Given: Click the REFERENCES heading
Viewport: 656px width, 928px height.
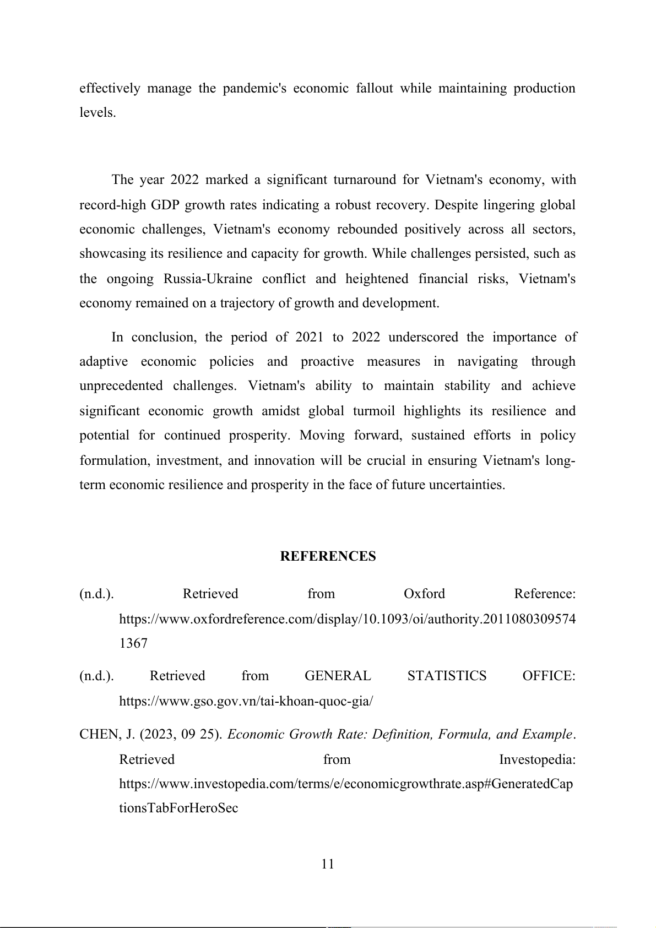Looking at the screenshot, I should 328,556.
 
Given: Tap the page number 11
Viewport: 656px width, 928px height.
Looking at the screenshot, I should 328,864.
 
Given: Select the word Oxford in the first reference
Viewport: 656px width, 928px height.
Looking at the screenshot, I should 424,594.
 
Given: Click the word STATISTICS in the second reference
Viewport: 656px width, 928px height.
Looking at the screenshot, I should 447,676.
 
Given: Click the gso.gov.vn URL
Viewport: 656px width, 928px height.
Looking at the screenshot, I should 246,701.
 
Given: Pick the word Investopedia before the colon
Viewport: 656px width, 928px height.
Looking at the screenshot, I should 536,759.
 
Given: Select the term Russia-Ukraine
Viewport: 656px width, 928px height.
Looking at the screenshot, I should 208,279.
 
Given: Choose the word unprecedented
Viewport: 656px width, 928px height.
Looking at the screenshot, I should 121,386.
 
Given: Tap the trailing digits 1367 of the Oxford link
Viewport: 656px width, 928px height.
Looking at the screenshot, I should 133,643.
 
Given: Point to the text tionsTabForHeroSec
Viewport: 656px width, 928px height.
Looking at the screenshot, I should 178,808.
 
